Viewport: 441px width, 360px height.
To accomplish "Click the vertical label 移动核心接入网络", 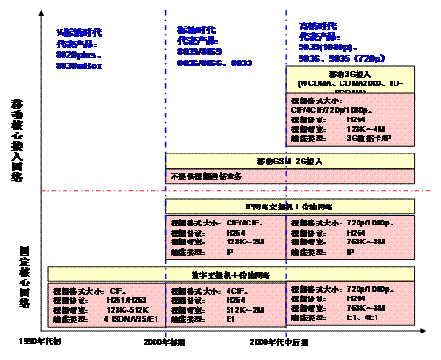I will pos(16,132).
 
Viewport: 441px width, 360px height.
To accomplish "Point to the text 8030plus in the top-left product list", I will pos(77,55).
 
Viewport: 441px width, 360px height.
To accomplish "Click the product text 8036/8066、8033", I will pos(201,64).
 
